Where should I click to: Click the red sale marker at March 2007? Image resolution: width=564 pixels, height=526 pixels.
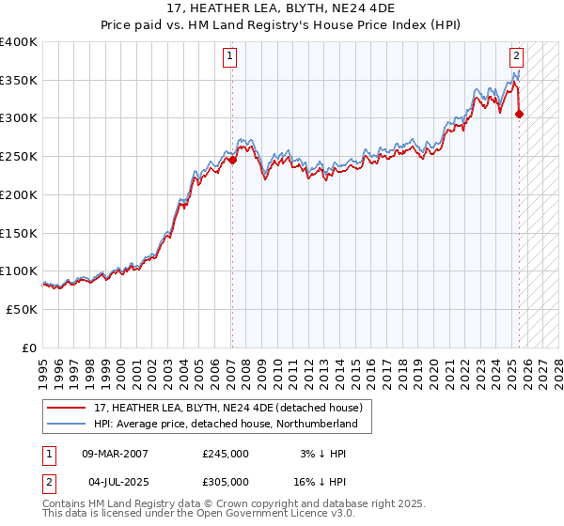(x=232, y=161)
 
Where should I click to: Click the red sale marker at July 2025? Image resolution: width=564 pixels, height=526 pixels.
(x=520, y=115)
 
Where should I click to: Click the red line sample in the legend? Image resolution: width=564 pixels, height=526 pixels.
(x=69, y=407)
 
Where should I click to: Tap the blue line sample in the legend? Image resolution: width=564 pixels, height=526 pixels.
(x=69, y=424)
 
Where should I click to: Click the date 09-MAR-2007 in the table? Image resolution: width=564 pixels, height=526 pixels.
(x=115, y=454)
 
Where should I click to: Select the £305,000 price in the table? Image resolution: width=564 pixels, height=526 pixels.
(x=226, y=482)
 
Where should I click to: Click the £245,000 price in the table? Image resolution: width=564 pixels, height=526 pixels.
(x=226, y=454)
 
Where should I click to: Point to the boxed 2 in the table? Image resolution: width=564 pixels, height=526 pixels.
(x=48, y=482)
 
